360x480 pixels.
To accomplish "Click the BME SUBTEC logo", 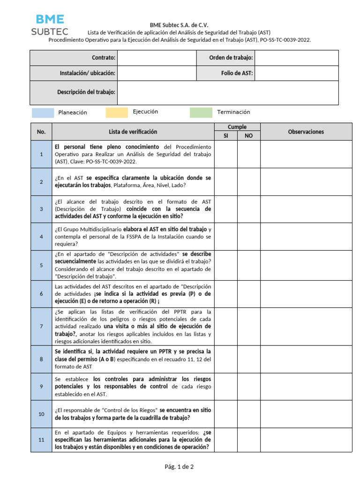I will pos(50,25).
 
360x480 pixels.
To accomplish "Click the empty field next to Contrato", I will pos(157,58).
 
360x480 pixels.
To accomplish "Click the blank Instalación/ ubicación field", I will pos(157,73).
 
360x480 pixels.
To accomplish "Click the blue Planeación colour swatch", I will pos(43,112).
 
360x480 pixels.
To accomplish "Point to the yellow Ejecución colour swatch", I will pos(117,112).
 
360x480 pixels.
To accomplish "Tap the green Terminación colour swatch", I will pos(201,112).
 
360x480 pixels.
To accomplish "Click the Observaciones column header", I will pos(306,132).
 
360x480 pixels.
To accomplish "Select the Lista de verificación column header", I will pos(133,132).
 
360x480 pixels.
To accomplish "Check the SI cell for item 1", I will pos(226,154).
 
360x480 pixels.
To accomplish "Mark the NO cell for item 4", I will pos(248,236).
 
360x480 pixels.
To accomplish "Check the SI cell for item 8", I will pos(226,359).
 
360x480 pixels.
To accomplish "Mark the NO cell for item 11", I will pos(248,440).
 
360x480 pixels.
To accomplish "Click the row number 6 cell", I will pos(41,293).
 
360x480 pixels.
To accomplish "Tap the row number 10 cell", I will pos(41,414).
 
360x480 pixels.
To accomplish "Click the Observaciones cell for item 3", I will pos(306,209).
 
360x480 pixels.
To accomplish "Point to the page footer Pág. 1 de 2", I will pos(179,466).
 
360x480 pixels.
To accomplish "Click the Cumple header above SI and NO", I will pos(237,127).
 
